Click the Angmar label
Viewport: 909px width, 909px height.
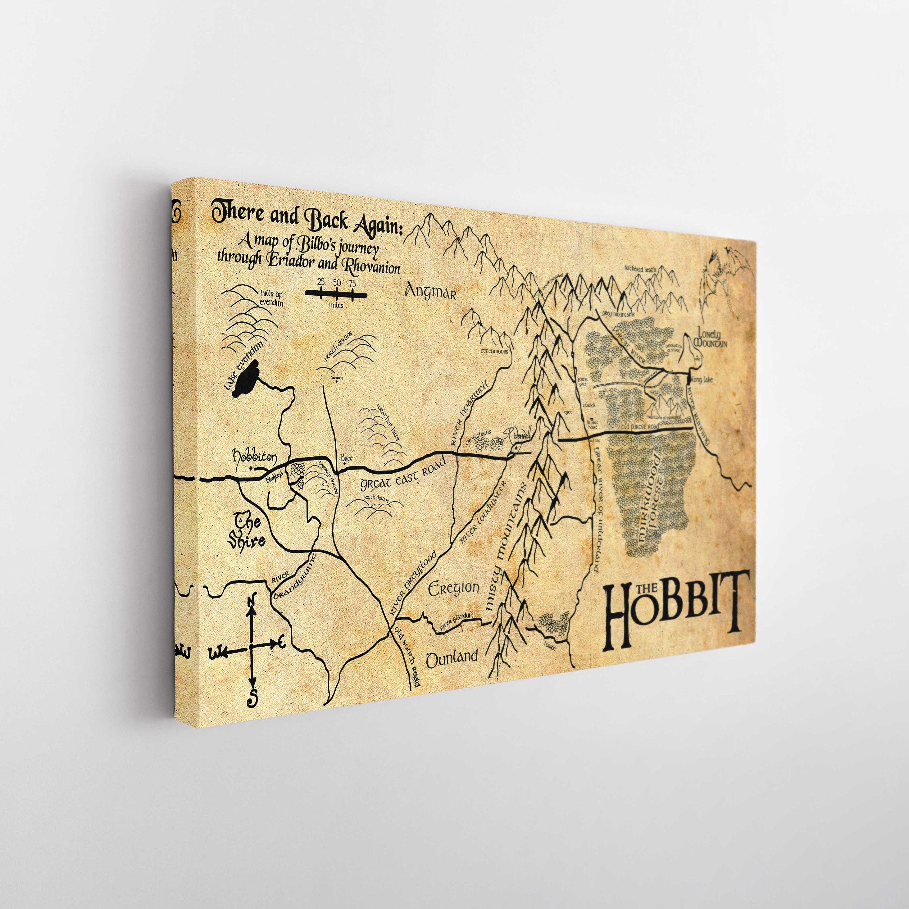point(431,292)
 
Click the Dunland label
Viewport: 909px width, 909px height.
point(452,658)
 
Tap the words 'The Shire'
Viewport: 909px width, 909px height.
point(247,532)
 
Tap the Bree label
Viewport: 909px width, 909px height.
point(347,458)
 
